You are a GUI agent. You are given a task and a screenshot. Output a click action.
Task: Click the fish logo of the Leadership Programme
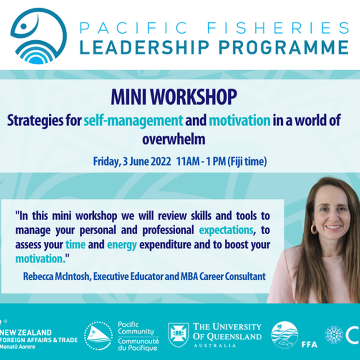38,36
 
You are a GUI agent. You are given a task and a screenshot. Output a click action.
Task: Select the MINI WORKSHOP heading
173,97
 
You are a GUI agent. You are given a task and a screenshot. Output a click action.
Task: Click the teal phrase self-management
133,120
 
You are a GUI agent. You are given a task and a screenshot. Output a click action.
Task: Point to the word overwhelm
174,139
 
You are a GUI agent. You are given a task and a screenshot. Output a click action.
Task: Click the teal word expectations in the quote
226,230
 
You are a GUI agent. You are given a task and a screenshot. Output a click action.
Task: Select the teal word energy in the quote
121,244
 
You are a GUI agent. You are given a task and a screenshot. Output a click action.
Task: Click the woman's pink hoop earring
314,229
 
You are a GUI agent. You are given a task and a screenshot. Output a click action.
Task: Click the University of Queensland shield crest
179,335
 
